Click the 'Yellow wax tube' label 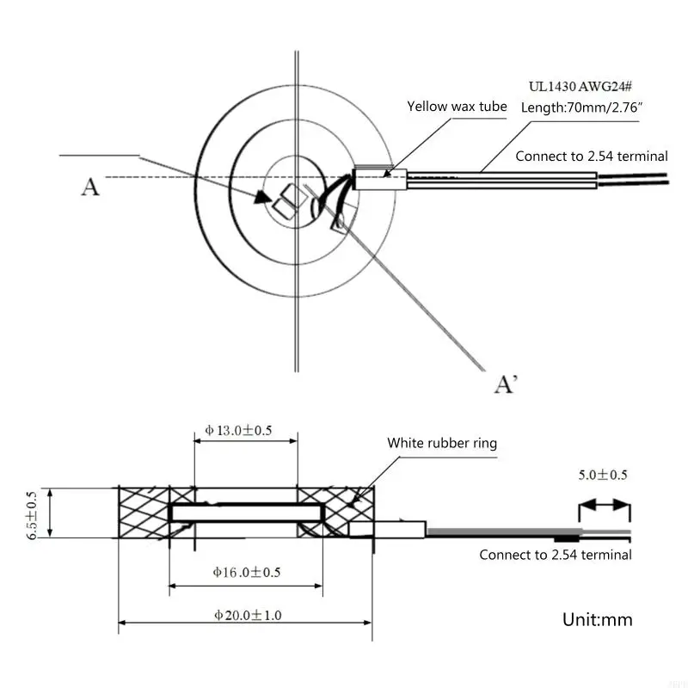(x=456, y=107)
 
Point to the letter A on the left (x=90, y=186)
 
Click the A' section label (x=506, y=384)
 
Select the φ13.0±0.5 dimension (x=238, y=430)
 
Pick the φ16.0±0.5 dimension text (x=246, y=572)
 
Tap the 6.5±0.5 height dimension (x=32, y=513)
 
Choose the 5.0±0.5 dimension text (x=604, y=475)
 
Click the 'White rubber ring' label (x=441, y=444)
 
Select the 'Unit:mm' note (x=597, y=619)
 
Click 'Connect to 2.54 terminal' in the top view (x=591, y=157)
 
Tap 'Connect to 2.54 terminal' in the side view (x=555, y=555)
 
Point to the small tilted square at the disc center (x=285, y=201)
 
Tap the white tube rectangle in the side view (x=388, y=529)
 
